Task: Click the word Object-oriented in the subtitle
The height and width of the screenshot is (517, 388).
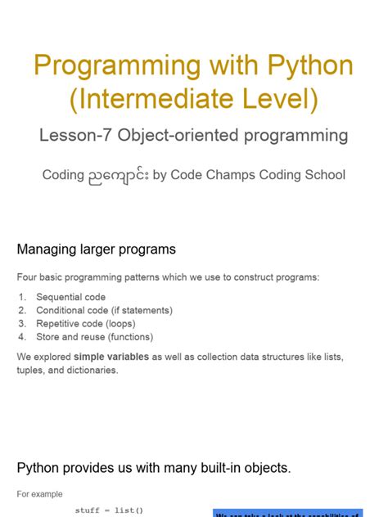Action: coord(176,135)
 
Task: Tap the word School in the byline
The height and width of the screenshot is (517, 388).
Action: coord(323,175)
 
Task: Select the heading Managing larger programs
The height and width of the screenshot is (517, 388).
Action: coord(96,249)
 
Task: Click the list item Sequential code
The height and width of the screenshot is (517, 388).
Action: coord(71,297)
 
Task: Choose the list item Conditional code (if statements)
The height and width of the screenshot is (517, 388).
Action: coord(104,310)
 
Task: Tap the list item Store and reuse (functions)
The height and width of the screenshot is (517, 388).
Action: coord(94,336)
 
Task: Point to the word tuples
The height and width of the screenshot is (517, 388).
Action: coord(31,370)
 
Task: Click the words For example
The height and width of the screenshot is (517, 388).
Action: coord(39,494)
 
